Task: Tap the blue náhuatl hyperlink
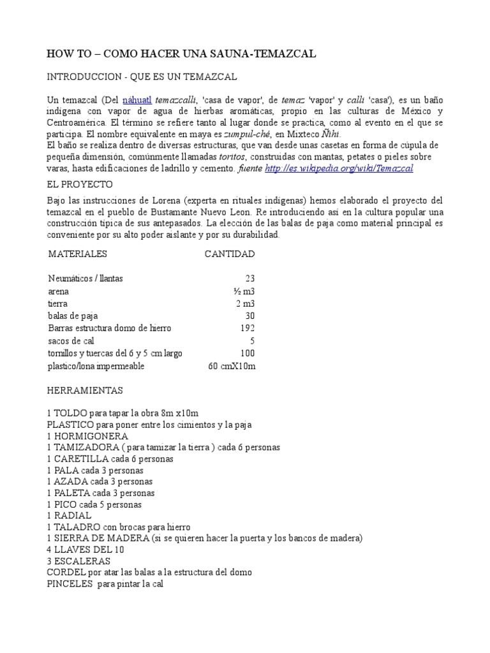pos(137,100)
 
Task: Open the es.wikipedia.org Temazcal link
pos(339,168)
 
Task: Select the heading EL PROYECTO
pos(80,184)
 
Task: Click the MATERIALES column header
pos(77,254)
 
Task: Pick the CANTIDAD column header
pos(229,254)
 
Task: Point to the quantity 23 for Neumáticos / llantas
pos(249,279)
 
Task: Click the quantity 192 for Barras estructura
pos(247,328)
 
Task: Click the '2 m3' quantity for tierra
pos(245,304)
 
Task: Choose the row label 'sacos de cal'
pos(70,341)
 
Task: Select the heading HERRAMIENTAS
pos(85,390)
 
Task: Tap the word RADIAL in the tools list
pos(73,515)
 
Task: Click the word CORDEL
pos(66,572)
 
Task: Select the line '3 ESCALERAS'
pos(78,561)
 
